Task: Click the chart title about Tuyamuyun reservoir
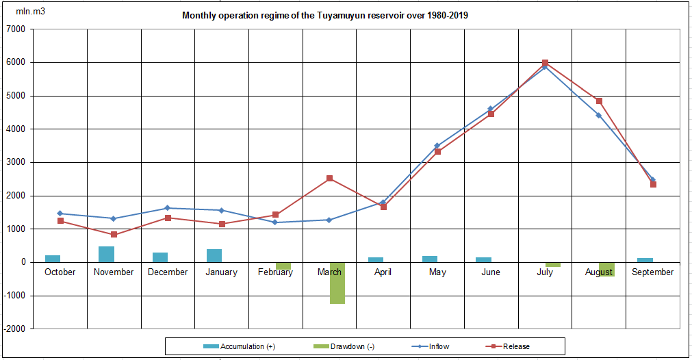click(325, 16)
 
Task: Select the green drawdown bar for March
click(337, 283)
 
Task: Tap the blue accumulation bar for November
click(106, 254)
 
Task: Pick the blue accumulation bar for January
click(214, 255)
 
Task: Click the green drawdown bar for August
click(606, 269)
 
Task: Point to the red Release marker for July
click(545, 63)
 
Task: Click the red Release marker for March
click(329, 179)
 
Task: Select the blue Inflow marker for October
click(60, 214)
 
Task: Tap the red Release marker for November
click(114, 235)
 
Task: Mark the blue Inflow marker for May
click(437, 146)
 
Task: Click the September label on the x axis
click(653, 272)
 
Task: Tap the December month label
click(168, 272)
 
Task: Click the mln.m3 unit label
click(31, 12)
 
